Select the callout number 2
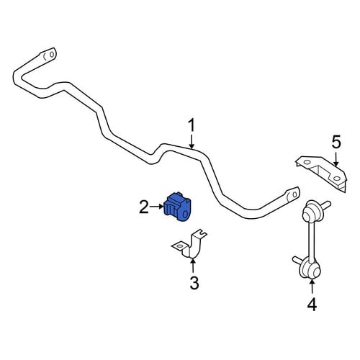point(144,207)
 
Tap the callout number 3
point(194,282)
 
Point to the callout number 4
point(312,305)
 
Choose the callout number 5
point(336,142)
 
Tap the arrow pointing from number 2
point(156,207)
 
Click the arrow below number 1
point(192,141)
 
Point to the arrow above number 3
point(192,266)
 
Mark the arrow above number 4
point(312,287)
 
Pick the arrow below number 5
point(336,158)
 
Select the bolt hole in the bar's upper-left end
point(52,54)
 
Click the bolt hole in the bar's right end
point(295,194)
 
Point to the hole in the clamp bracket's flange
point(179,246)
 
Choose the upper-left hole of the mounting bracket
point(307,162)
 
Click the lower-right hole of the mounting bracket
point(336,179)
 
